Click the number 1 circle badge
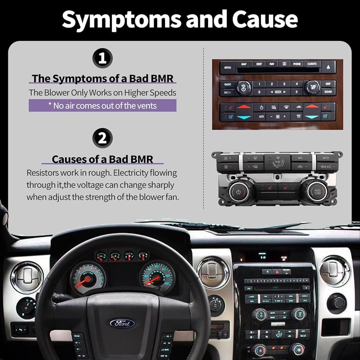click(x=102, y=58)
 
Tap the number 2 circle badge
click(x=102, y=139)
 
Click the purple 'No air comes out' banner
click(x=103, y=105)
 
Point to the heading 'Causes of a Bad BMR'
click(x=103, y=159)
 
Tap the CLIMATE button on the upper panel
click(x=312, y=64)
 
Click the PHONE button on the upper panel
click(x=297, y=64)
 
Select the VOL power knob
click(x=244, y=88)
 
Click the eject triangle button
click(x=329, y=67)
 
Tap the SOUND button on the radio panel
click(x=328, y=92)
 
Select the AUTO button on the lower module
click(x=326, y=158)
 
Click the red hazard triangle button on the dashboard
click(x=276, y=272)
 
